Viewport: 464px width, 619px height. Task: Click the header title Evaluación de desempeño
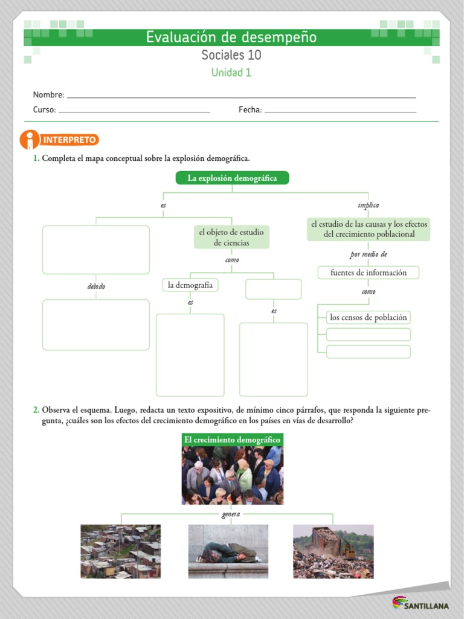[231, 37]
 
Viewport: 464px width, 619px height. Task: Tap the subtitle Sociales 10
[231, 56]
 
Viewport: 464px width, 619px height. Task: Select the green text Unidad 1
[231, 73]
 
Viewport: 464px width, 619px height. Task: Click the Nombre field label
[48, 95]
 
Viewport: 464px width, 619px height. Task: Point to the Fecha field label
[250, 110]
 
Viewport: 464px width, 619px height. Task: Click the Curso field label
[44, 110]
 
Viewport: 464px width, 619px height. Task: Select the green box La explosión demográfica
[232, 178]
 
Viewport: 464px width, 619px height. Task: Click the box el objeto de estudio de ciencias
[231, 238]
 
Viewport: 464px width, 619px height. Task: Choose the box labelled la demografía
[190, 285]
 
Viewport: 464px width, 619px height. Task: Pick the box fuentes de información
[369, 273]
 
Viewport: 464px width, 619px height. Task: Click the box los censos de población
[369, 317]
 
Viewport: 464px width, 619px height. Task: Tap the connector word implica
[368, 206]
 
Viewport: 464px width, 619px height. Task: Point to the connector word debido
[96, 287]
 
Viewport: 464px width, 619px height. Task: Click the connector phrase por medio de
[368, 254]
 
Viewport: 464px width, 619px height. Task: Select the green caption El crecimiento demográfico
[232, 439]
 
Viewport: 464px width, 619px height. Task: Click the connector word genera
[231, 514]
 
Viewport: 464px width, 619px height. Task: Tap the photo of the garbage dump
[333, 551]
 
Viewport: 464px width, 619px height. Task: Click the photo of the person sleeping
[228, 551]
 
